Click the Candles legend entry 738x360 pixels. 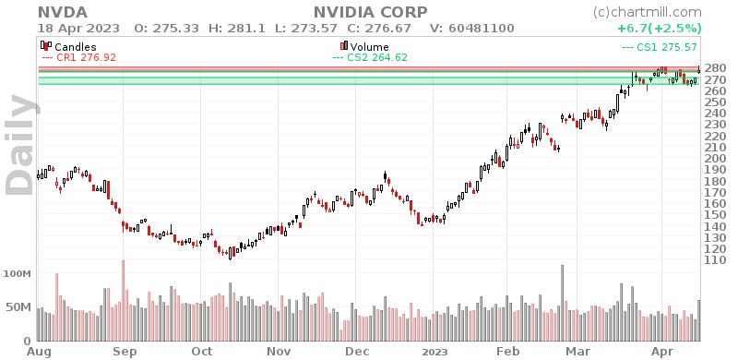point(75,45)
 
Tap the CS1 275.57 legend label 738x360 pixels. point(659,45)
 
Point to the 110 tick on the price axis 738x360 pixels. point(715,260)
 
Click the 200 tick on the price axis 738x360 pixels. point(715,159)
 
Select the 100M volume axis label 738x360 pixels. point(19,275)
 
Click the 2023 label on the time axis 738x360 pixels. point(434,352)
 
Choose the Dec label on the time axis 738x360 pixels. point(357,352)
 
